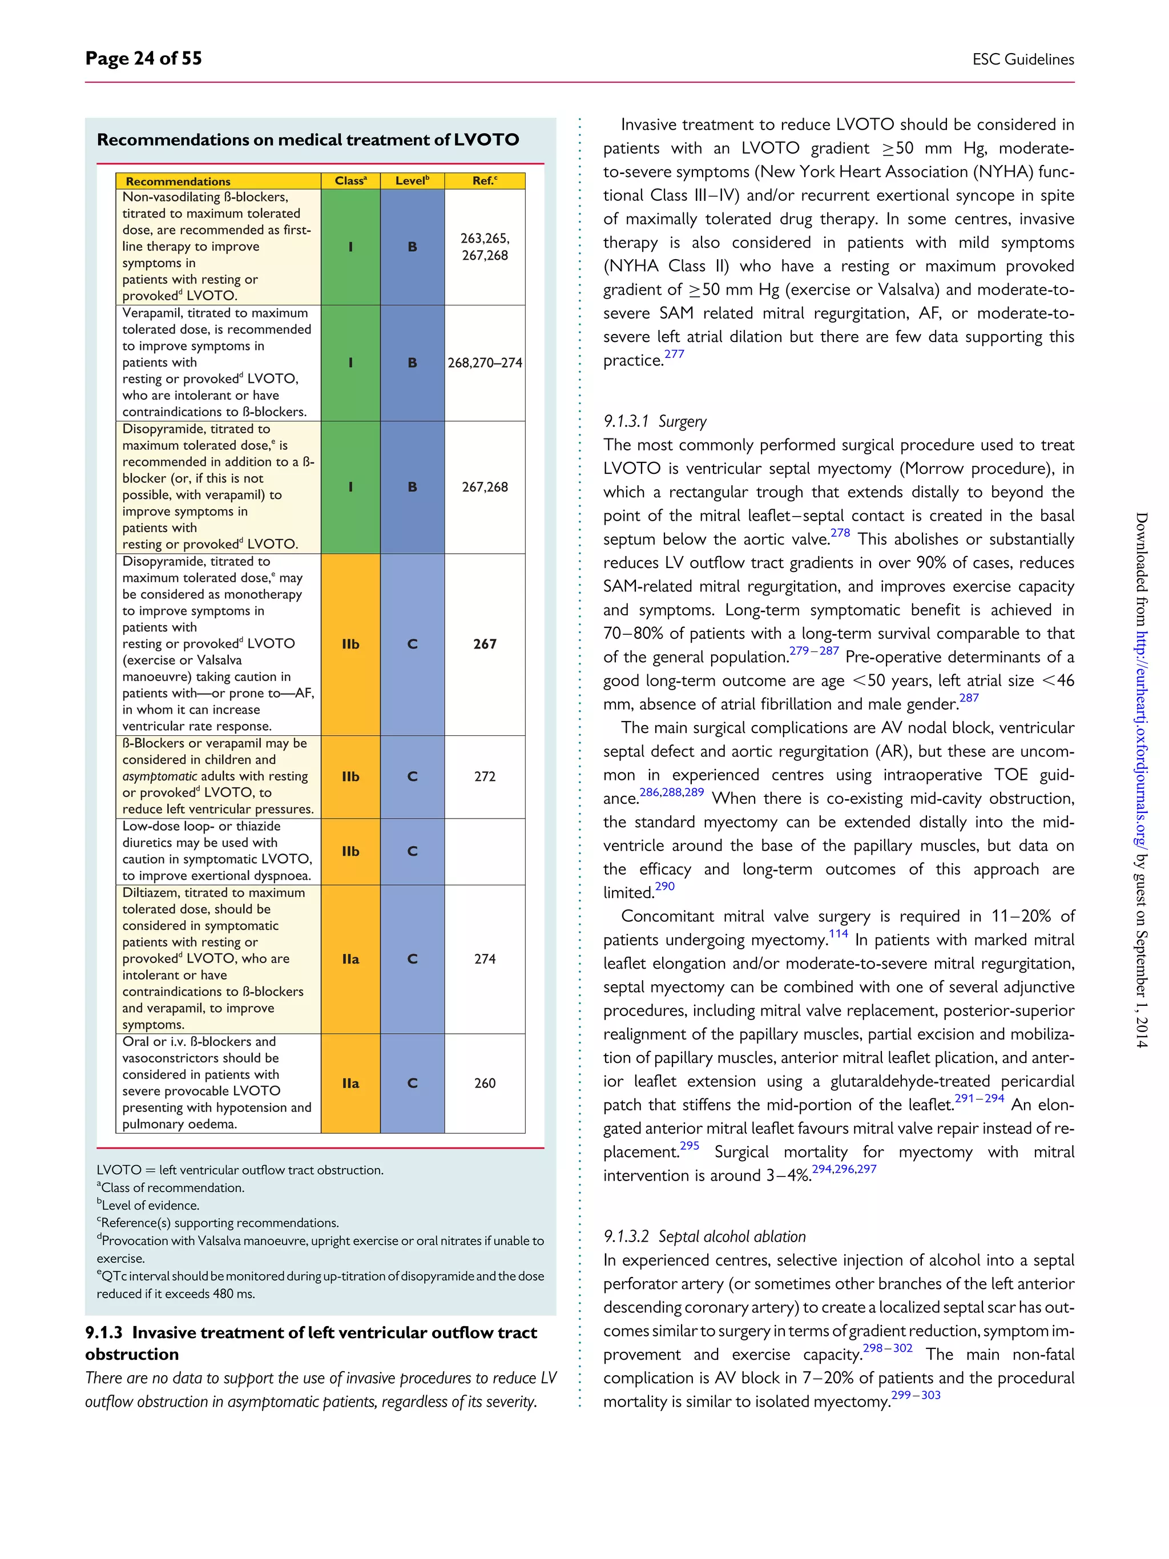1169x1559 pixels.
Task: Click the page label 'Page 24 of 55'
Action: click(143, 58)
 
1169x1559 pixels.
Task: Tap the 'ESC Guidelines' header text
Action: click(1022, 59)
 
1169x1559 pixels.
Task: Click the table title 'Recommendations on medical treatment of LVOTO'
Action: click(308, 139)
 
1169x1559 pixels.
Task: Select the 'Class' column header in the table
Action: click(350, 181)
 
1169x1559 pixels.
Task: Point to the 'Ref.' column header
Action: click(484, 181)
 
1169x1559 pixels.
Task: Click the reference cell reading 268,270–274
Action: click(485, 363)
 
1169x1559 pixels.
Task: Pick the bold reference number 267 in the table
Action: click(485, 644)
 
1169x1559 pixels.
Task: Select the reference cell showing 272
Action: click(485, 777)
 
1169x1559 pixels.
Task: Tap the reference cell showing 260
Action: click(485, 1083)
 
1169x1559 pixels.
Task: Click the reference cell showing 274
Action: click(485, 959)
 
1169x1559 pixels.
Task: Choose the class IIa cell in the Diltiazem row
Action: click(350, 959)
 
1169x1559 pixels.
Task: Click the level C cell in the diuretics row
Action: click(412, 851)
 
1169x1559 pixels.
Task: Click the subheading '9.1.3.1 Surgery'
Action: click(655, 421)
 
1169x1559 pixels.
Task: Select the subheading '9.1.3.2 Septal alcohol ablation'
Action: click(704, 1236)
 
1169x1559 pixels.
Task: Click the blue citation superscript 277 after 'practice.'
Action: click(674, 354)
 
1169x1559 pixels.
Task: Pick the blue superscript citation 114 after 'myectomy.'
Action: click(838, 934)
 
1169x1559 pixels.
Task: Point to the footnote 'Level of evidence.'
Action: click(150, 1205)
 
